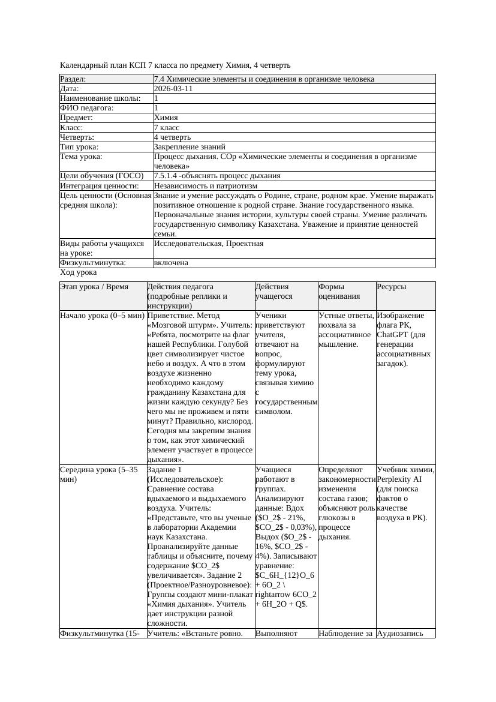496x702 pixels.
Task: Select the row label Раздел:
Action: (x=73, y=79)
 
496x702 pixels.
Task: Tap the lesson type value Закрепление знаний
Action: (x=190, y=147)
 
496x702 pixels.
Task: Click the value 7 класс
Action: (x=167, y=128)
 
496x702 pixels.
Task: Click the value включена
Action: (x=171, y=263)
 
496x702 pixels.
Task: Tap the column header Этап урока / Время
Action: (x=94, y=287)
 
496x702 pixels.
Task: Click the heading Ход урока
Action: (x=78, y=272)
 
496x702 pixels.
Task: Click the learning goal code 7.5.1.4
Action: (x=167, y=176)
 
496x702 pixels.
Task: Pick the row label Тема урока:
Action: (x=82, y=157)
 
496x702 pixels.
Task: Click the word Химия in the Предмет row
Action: (x=166, y=118)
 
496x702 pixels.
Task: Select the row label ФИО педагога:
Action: (x=87, y=108)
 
